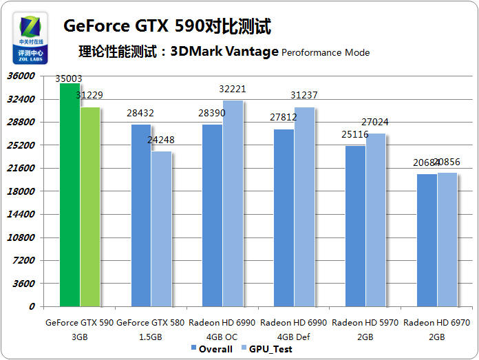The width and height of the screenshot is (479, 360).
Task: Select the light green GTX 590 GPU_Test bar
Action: tap(89, 207)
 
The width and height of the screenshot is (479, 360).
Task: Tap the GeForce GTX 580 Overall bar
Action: tap(140, 215)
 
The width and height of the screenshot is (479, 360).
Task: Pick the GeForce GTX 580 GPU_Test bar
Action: tap(161, 229)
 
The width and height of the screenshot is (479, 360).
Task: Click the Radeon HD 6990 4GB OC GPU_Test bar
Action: tap(233, 203)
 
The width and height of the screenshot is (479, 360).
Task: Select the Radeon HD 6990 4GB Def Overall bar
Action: tap(284, 218)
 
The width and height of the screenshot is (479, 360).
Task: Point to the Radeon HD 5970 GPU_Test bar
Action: tap(375, 220)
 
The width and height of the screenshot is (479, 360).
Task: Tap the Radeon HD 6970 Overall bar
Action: tap(427, 240)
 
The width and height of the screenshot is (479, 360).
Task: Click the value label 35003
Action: tap(69, 78)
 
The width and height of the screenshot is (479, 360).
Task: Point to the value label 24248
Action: tap(160, 140)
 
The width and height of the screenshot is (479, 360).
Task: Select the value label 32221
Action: tap(232, 89)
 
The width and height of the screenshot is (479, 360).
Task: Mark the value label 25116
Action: tap(355, 134)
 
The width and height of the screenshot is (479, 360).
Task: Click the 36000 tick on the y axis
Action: tap(21, 76)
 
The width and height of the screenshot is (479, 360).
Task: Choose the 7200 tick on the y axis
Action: tap(24, 260)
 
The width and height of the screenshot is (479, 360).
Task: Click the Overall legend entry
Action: tap(211, 349)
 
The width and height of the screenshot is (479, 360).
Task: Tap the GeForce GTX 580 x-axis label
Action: tap(149, 328)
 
